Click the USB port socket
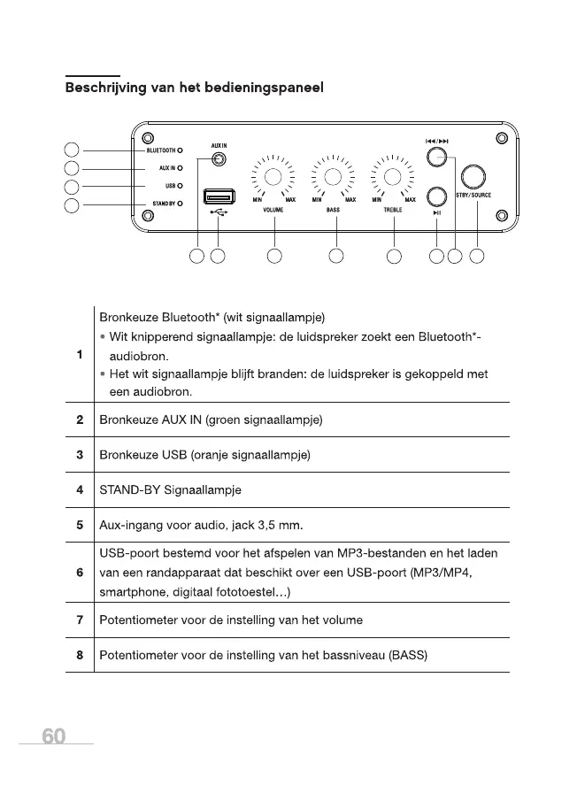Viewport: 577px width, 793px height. [218, 196]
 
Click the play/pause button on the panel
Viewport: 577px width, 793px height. [436, 196]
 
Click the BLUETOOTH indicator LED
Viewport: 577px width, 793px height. [179, 150]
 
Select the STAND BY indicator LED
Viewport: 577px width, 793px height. [179, 204]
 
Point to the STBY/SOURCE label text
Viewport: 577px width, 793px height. [473, 195]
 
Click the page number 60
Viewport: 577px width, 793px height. [53, 736]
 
